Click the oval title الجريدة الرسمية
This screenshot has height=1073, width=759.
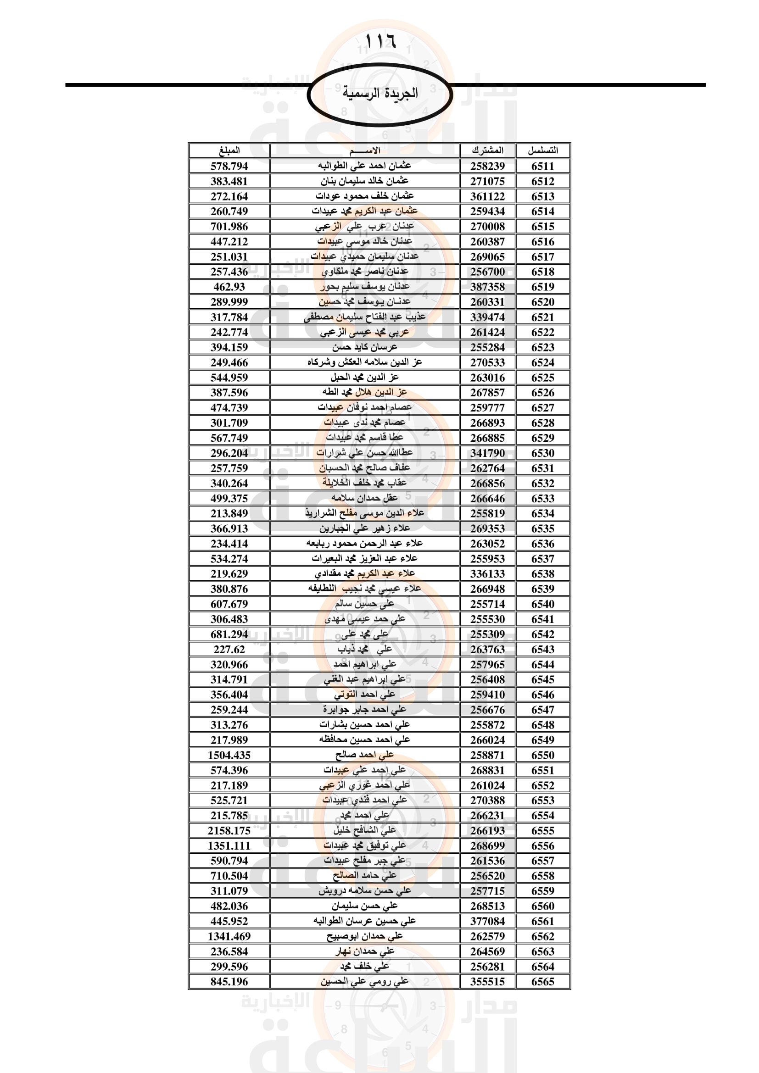pos(380,94)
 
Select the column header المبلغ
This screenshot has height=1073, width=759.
pos(229,150)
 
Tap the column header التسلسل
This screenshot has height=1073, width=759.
pos(542,150)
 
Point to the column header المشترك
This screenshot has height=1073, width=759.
pos(487,150)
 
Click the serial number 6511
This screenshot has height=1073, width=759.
pos(542,167)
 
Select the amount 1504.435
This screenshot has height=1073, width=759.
pos(229,755)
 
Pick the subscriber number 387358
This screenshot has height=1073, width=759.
pos(487,287)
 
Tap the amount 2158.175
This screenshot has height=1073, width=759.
pos(229,830)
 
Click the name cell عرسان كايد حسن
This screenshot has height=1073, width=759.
pos(364,347)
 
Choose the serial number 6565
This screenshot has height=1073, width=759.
pos(542,982)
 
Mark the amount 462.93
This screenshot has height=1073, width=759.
pos(229,287)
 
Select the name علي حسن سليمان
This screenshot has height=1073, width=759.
pos(364,906)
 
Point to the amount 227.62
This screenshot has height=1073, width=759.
pos(229,650)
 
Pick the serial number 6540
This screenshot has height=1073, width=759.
pos(542,604)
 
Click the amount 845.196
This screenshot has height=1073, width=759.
pos(229,982)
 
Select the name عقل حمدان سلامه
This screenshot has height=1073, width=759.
pos(364,498)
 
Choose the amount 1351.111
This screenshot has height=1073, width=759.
pos(229,846)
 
